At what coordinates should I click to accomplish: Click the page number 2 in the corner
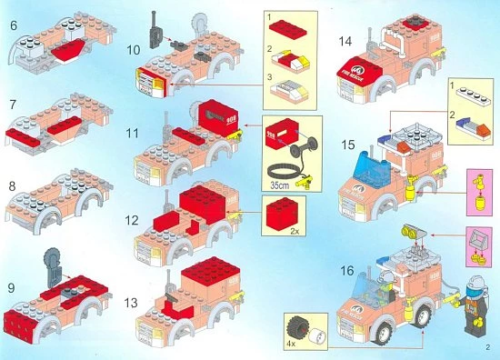click(x=487, y=346)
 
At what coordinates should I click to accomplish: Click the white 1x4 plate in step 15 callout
click(x=469, y=96)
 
